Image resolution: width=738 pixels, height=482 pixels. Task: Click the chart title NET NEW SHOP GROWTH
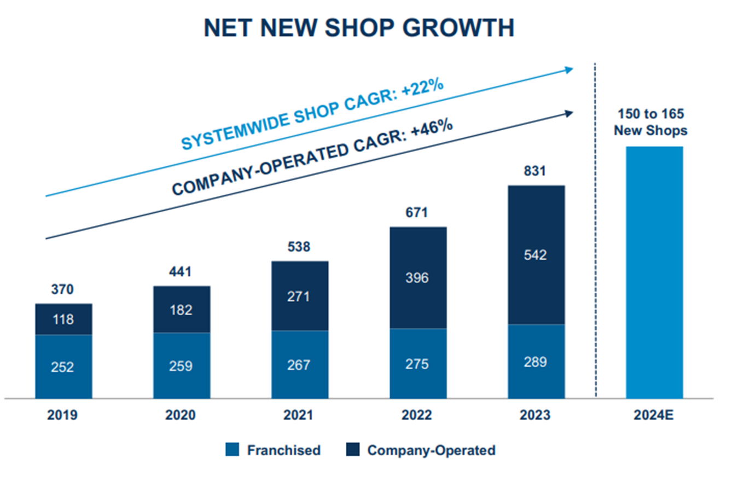[359, 28]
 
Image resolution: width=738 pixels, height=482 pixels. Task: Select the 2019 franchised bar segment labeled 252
[63, 366]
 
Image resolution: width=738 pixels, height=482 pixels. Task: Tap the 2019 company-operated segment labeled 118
[63, 319]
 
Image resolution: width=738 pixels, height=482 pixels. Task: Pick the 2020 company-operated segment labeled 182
[182, 310]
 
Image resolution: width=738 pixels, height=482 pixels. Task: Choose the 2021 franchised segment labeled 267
[300, 364]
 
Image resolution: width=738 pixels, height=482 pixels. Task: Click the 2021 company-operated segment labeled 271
[300, 296]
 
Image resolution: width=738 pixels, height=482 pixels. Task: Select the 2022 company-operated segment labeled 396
[418, 278]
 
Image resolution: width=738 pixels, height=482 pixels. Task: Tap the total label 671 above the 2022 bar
[418, 213]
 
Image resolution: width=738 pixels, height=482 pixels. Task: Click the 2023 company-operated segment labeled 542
[536, 255]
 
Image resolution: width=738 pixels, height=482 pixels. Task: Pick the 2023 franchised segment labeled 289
[536, 362]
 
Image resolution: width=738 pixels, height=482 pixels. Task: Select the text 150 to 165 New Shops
[650, 123]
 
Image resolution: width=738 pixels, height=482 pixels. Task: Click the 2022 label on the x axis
[418, 415]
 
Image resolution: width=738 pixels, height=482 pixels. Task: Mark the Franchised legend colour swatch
[233, 450]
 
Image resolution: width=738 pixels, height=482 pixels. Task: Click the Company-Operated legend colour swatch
[353, 450]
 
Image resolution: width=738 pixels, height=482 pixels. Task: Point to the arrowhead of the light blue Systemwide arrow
[570, 69]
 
